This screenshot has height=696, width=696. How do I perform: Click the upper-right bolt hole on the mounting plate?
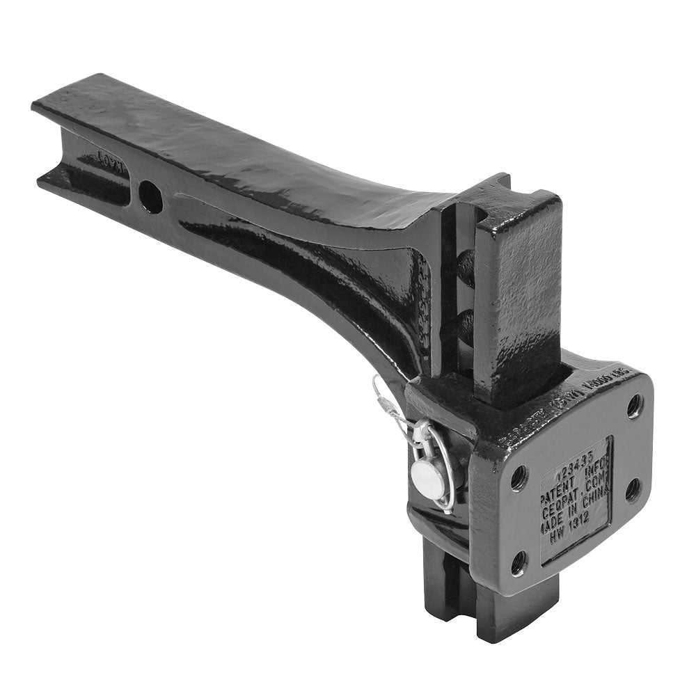(634, 406)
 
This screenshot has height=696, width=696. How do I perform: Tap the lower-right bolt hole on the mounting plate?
(633, 489)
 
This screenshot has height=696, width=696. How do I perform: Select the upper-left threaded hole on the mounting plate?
(519, 477)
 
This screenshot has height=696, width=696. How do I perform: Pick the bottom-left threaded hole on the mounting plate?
(519, 562)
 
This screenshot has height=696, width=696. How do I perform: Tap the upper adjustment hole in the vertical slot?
(465, 269)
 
